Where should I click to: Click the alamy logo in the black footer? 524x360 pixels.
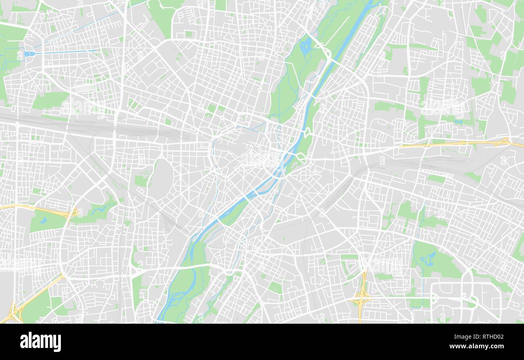pyautogui.click(x=41, y=342)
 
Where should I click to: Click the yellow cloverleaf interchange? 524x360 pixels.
pyautogui.click(x=362, y=298)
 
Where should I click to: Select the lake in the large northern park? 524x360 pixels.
pyautogui.click(x=305, y=45)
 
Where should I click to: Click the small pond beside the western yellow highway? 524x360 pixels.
pyautogui.click(x=44, y=220)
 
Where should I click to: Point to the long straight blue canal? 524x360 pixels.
pyautogui.click(x=64, y=52)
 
